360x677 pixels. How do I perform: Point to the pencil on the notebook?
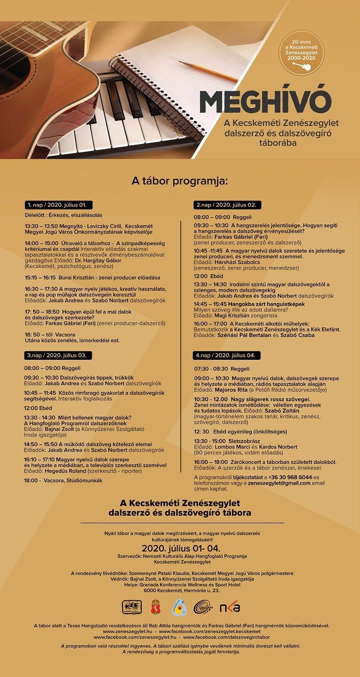pyautogui.click(x=208, y=72)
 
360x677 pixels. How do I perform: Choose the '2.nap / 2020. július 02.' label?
pyautogui.click(x=228, y=205)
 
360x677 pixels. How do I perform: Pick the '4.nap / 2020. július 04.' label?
pyautogui.click(x=228, y=355)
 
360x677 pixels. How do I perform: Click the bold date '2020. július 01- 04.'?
pyautogui.click(x=180, y=549)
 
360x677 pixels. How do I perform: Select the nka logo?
pyautogui.click(x=230, y=607)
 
